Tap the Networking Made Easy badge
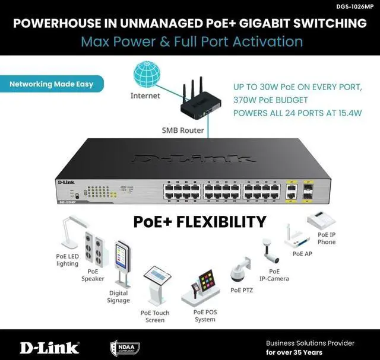(51, 84)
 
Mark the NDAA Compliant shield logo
(121, 347)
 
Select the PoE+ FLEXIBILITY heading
(199, 222)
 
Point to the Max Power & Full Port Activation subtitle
(191, 42)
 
